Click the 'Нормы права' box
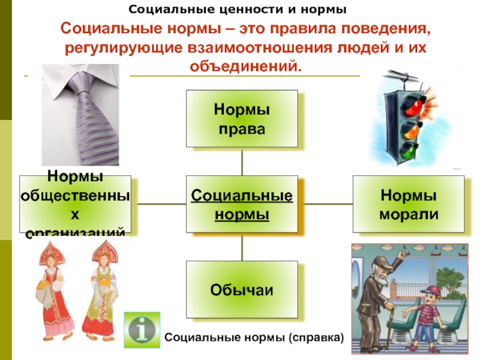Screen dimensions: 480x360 coord(242,118)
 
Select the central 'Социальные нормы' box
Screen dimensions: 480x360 coord(242,204)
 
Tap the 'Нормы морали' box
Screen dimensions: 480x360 coord(409,204)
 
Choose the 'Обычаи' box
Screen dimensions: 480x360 coord(242,290)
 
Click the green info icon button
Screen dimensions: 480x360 coord(142,330)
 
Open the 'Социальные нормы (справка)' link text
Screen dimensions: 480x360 coord(254,339)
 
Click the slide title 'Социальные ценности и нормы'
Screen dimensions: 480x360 coord(239,10)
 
